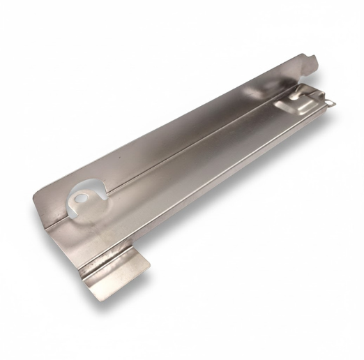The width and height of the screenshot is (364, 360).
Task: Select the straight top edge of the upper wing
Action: coord(174,123)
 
